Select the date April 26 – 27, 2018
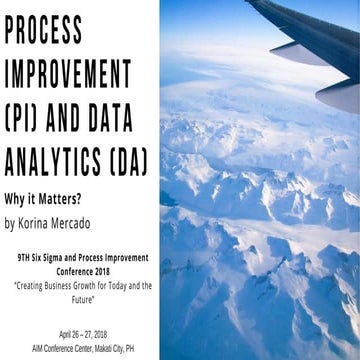click(x=77, y=333)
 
